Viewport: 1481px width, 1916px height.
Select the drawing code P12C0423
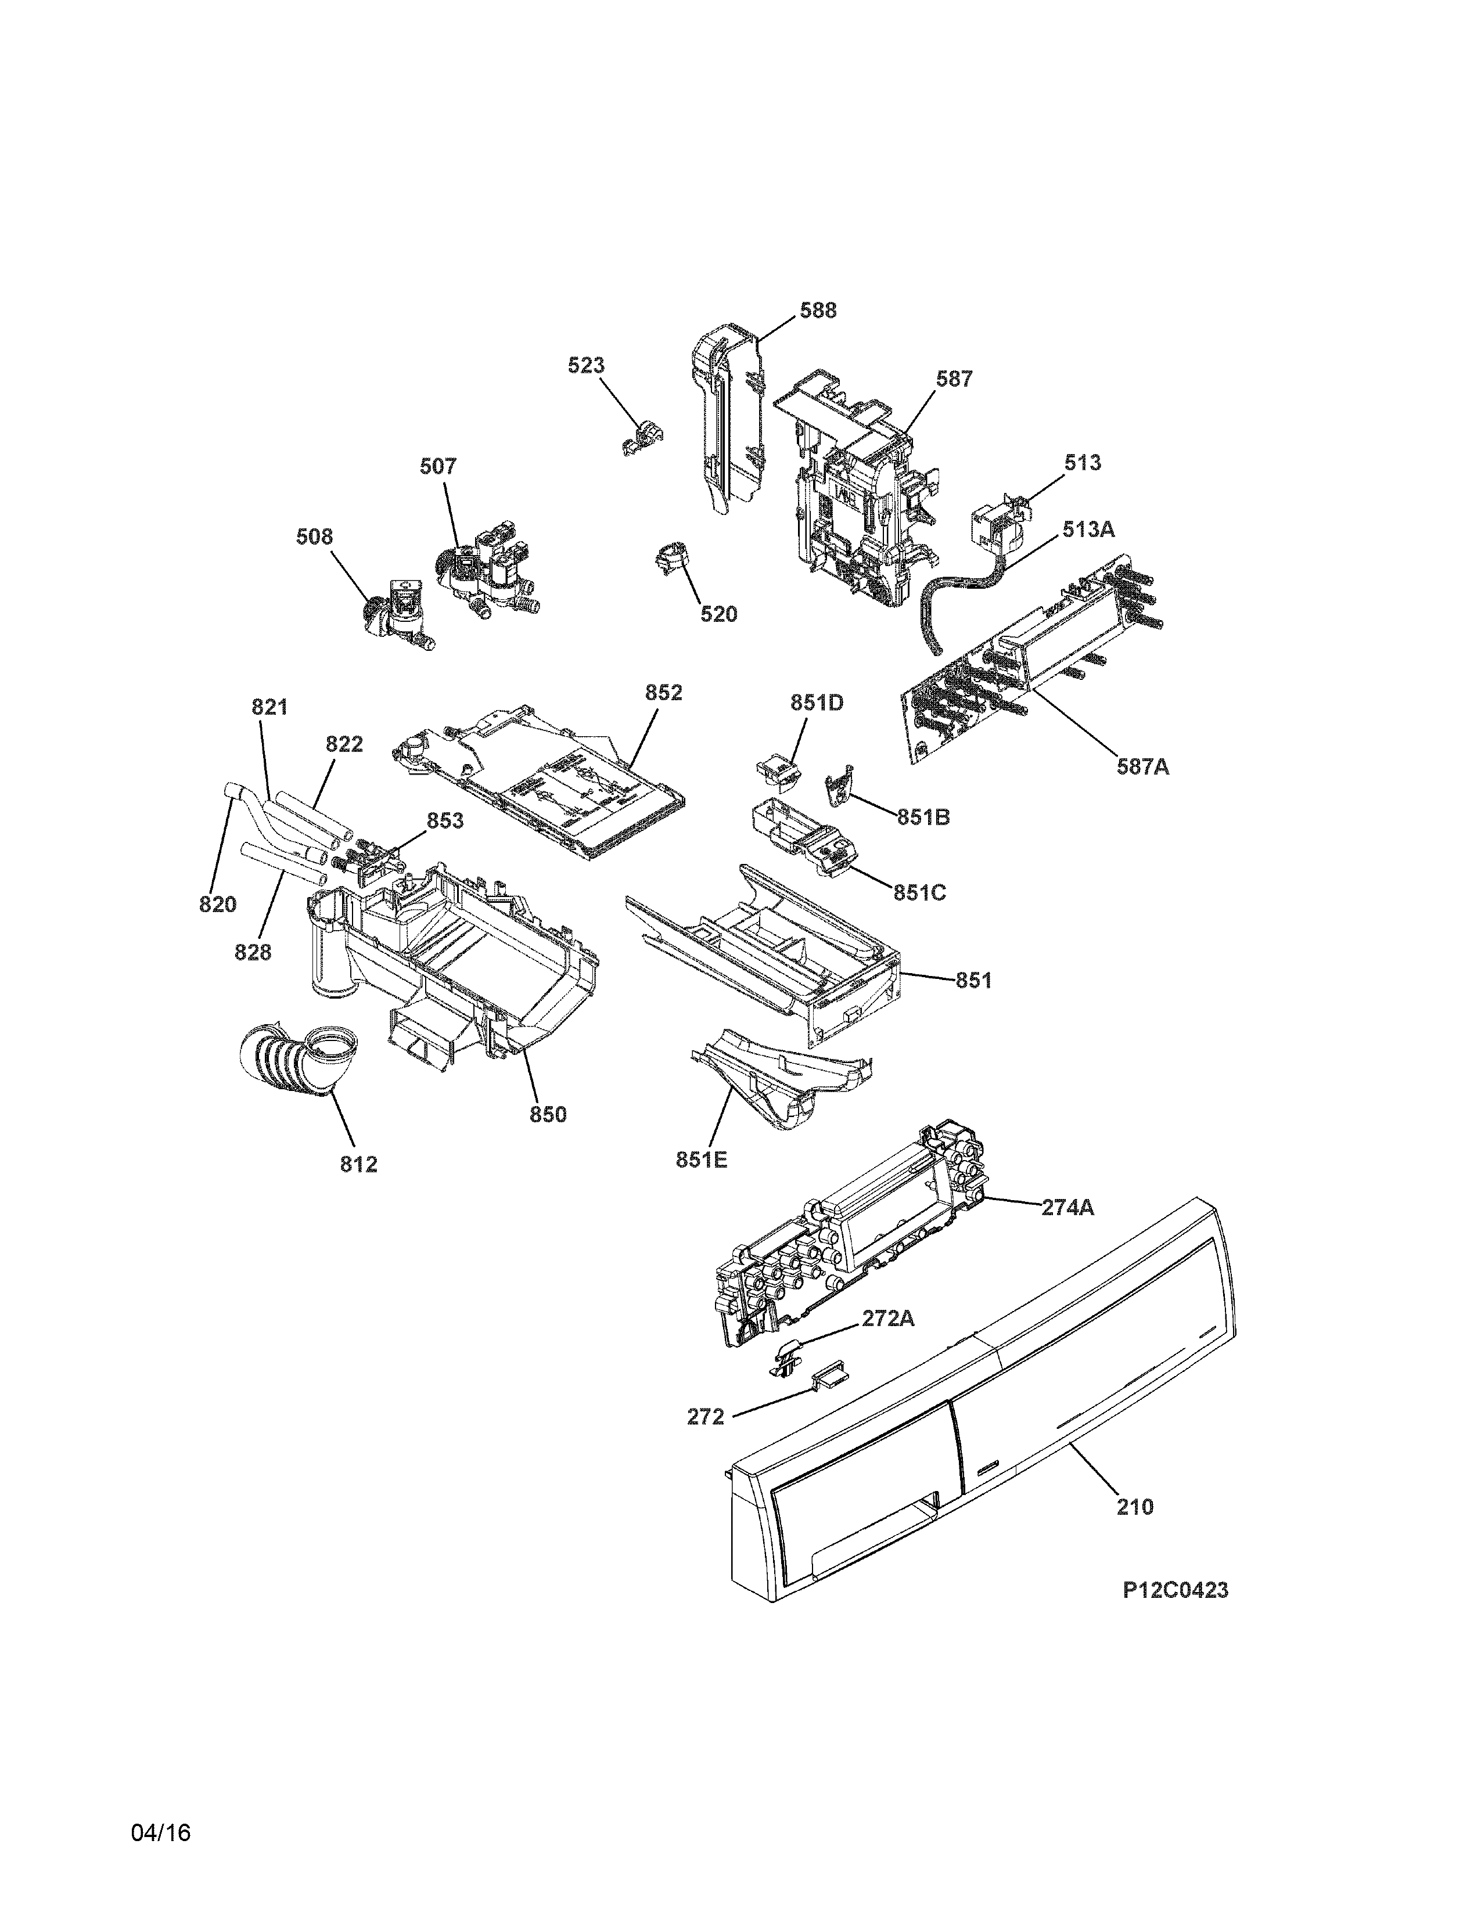1175,1590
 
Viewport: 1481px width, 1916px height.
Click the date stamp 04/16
160,1832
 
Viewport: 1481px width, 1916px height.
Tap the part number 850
548,1114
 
